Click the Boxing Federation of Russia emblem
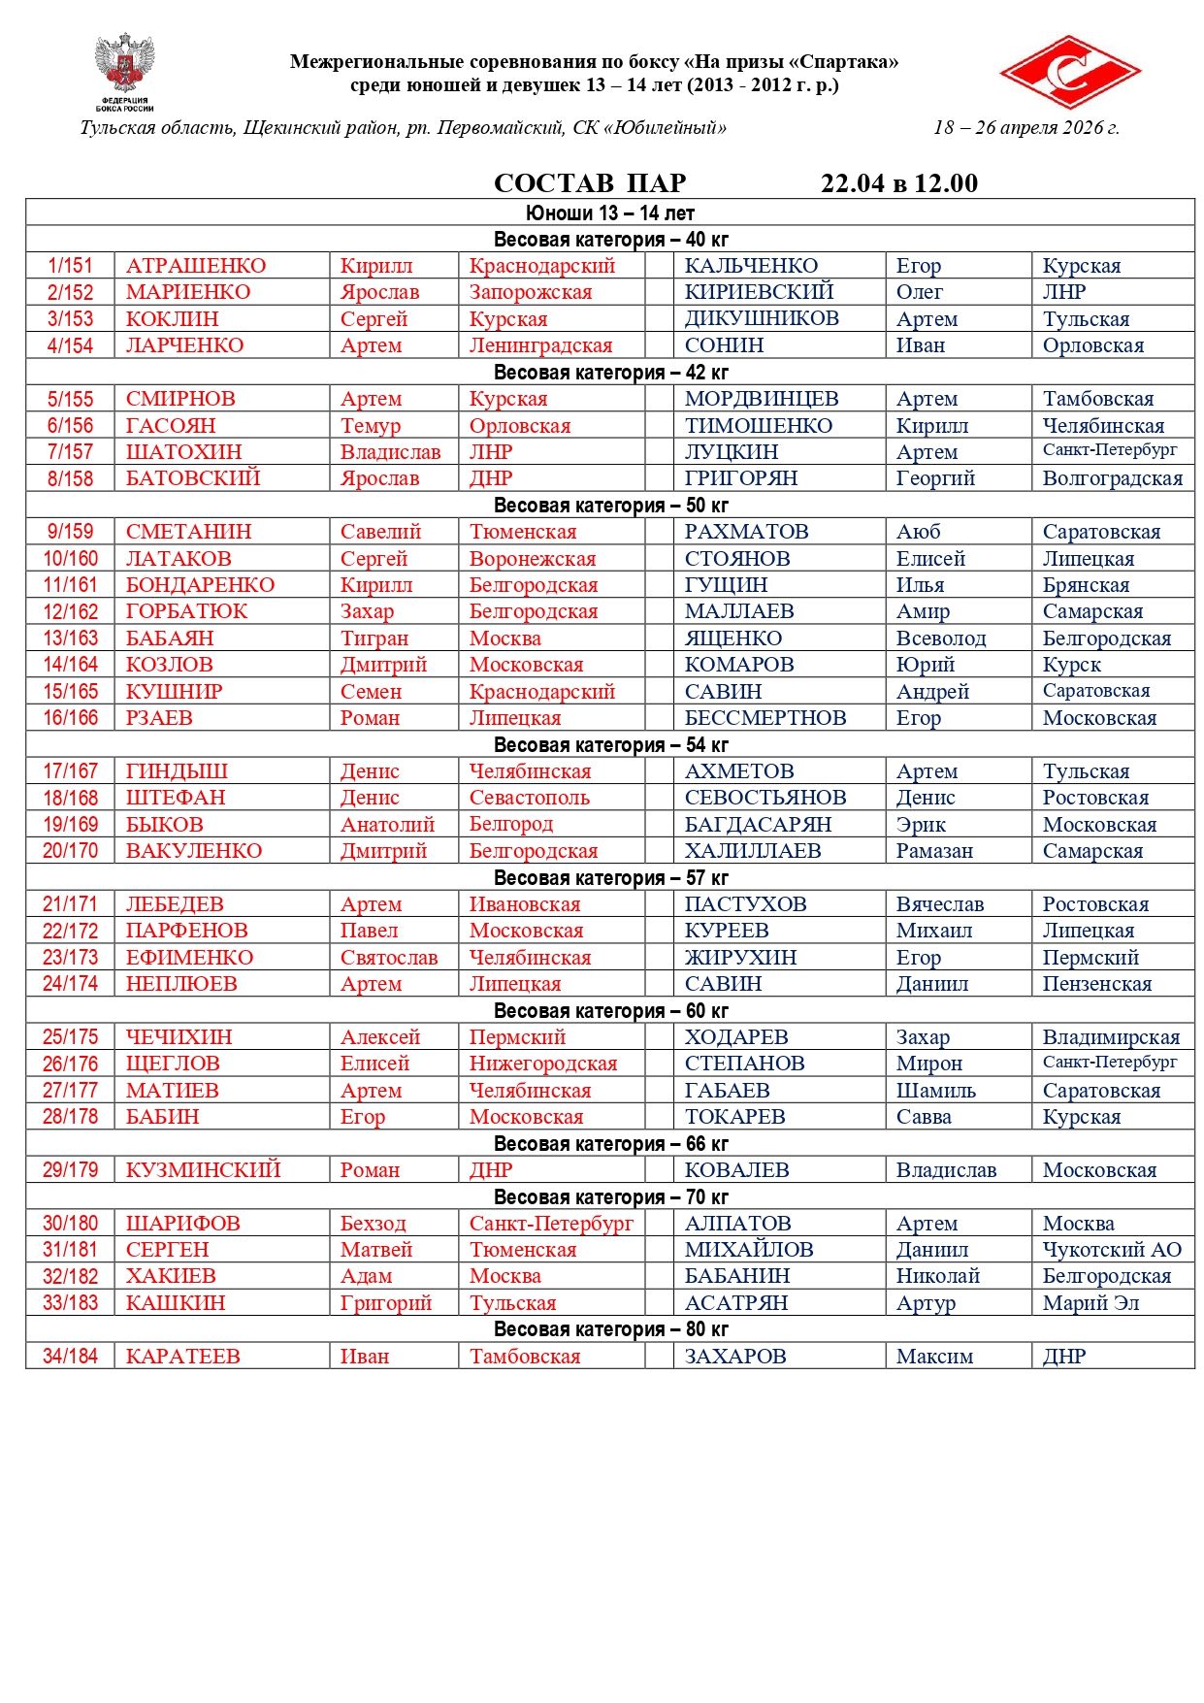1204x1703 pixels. click(124, 71)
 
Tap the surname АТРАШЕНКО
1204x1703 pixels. click(195, 266)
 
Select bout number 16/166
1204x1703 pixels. click(70, 718)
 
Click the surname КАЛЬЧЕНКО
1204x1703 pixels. click(751, 266)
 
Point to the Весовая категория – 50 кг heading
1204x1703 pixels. click(610, 506)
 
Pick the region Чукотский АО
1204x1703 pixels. click(1112, 1250)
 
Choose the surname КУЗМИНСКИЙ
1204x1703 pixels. click(203, 1170)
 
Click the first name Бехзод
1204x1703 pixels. click(373, 1224)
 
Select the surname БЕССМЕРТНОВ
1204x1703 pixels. click(765, 718)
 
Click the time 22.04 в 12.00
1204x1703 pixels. click(898, 183)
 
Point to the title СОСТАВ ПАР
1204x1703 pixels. click(590, 183)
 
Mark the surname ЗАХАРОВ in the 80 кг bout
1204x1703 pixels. click(734, 1357)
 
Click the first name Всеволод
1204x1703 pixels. click(940, 639)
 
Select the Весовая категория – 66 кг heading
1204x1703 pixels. click(610, 1144)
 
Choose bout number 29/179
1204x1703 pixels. click(70, 1170)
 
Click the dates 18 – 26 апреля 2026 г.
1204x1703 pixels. click(1025, 128)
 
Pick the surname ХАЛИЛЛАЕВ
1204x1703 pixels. click(752, 851)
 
